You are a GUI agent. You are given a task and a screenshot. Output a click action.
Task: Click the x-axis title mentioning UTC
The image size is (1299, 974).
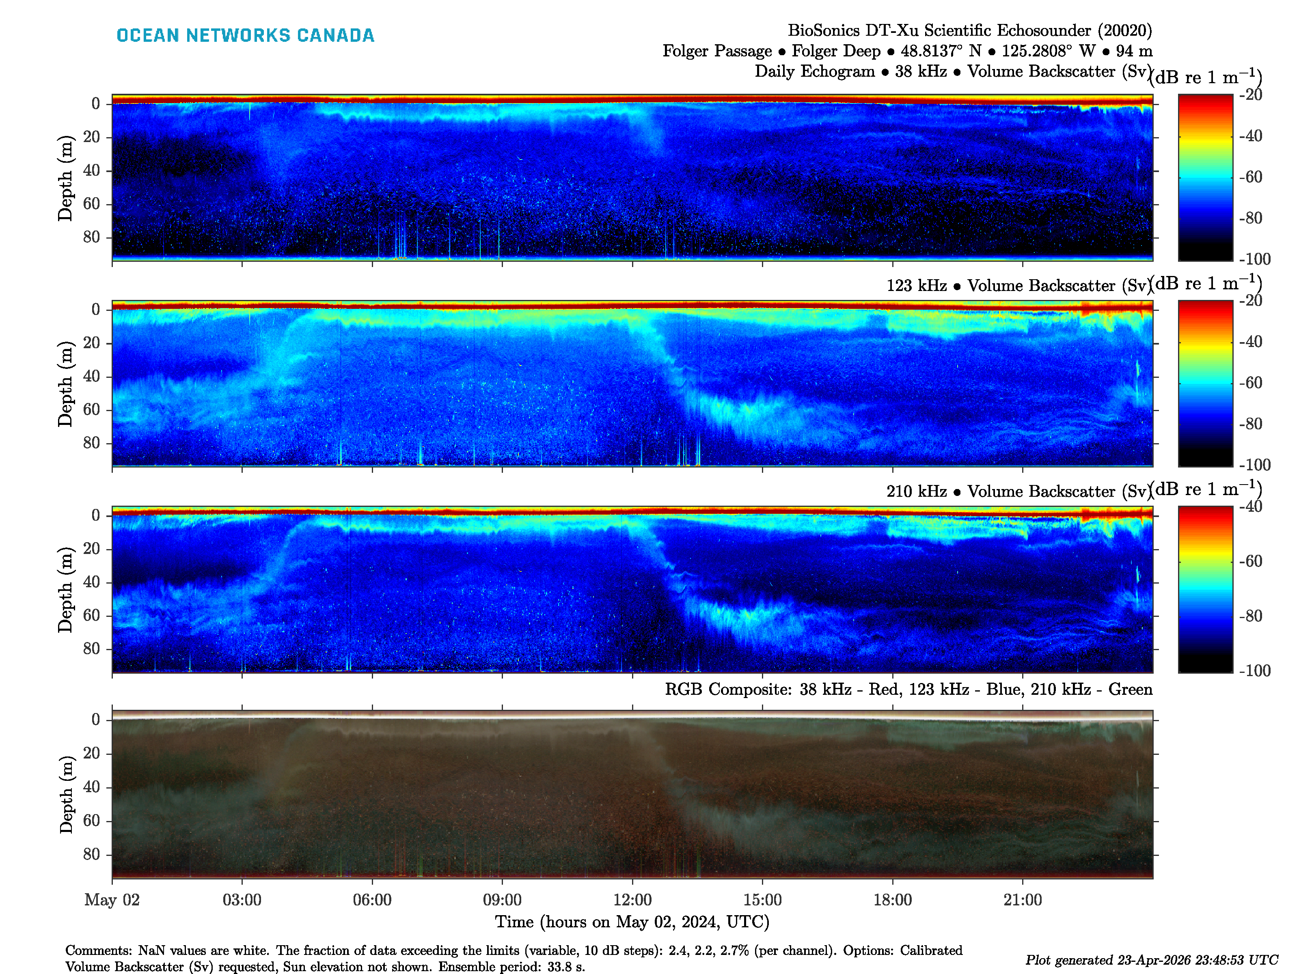(x=632, y=922)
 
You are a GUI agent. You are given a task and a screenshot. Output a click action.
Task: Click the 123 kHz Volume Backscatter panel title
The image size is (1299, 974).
(x=1016, y=286)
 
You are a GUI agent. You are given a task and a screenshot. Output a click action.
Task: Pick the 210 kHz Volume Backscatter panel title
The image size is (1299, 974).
(x=1016, y=491)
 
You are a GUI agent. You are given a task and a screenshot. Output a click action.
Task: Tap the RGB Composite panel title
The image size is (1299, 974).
(x=908, y=689)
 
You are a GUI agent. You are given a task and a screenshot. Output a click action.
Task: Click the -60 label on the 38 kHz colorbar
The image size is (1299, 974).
(x=1250, y=177)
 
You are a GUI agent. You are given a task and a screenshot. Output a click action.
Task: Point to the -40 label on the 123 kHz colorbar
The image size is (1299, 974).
(x=1250, y=342)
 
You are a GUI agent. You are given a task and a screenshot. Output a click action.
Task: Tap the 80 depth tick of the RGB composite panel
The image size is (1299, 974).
(x=92, y=854)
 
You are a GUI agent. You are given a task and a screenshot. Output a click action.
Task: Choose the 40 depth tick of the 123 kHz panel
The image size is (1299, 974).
(x=92, y=376)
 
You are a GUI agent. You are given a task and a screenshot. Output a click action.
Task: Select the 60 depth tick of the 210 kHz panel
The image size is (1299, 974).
(x=92, y=615)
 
